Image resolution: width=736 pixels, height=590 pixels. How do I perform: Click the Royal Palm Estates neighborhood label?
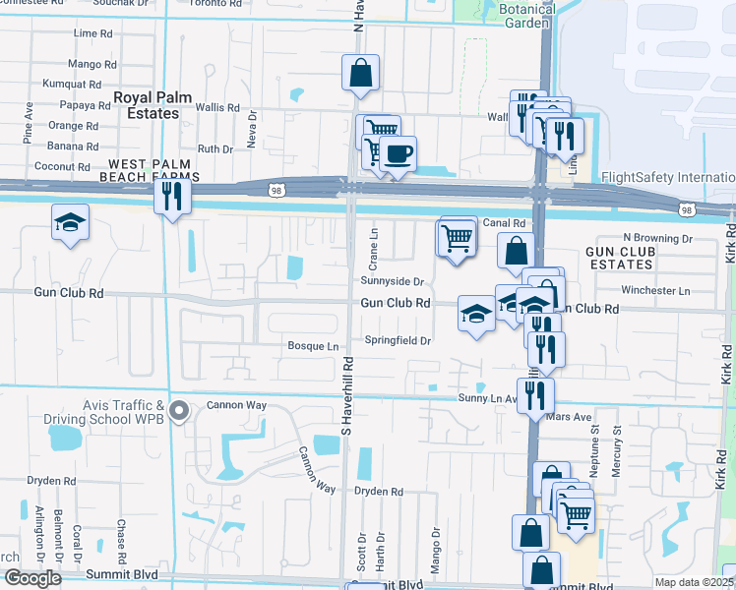pos(146,105)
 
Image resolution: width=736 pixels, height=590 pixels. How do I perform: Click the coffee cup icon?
pos(399,154)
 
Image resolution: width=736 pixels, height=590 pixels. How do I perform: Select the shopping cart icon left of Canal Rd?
pos(456,237)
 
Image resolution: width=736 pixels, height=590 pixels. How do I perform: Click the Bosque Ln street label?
pos(313,346)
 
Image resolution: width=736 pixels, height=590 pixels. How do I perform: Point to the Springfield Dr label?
pos(399,340)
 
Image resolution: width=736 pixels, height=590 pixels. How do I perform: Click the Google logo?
pos(31,578)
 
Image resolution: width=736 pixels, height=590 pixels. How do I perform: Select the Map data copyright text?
pos(693,582)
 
